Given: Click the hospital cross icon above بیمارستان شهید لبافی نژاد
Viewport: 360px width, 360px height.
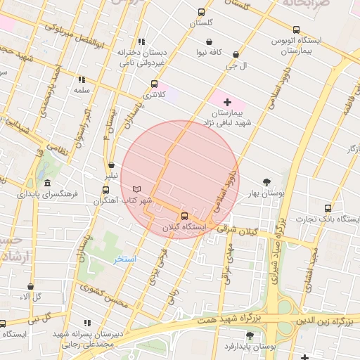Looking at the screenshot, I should (x=226, y=102).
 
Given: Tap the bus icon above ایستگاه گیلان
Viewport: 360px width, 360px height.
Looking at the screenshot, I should (x=184, y=216).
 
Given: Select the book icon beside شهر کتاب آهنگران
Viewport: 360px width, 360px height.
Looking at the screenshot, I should (x=136, y=189).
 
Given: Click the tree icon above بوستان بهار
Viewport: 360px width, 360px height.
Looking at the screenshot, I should (x=266, y=181).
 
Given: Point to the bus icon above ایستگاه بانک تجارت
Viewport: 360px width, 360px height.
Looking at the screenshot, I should (x=328, y=208).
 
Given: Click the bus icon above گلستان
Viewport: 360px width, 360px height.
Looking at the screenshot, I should (x=202, y=12).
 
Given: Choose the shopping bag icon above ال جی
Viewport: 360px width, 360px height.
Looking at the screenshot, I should (x=235, y=54).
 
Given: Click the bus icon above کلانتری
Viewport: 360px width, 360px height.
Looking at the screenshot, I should (x=154, y=84).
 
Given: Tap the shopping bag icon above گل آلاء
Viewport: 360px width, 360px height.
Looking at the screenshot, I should (x=30, y=286).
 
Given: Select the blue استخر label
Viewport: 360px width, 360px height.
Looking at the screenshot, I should (x=125, y=259).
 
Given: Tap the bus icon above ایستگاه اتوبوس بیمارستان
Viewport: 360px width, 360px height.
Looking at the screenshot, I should (x=296, y=30).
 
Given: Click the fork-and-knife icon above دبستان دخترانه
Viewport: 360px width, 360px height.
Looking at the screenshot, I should (x=143, y=41).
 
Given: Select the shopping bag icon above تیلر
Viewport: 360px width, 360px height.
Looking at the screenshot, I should (x=111, y=165).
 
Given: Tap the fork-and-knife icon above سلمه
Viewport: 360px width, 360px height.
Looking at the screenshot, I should (x=82, y=79).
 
